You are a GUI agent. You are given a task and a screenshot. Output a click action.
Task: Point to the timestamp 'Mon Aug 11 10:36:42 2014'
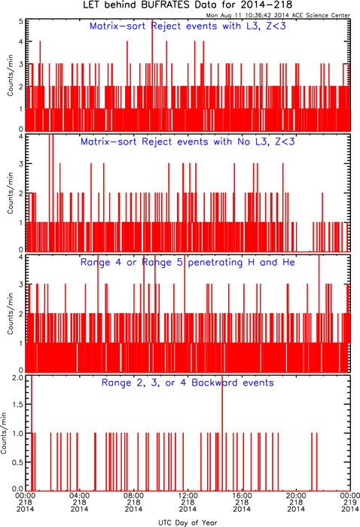point(247,16)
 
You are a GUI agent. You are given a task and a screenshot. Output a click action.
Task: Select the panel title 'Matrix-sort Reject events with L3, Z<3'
point(188,26)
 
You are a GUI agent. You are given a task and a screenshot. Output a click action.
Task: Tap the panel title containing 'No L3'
point(188,142)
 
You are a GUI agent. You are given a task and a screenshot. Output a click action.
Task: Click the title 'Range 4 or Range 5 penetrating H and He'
point(188,262)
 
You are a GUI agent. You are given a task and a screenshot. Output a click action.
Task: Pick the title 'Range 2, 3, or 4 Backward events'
point(188,382)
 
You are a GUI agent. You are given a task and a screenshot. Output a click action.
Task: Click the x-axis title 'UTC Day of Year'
point(188,522)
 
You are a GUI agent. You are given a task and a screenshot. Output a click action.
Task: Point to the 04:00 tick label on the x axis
point(79,495)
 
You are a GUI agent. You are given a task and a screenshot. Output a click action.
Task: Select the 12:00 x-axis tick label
point(188,495)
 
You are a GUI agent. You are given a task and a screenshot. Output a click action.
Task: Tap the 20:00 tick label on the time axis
point(296,495)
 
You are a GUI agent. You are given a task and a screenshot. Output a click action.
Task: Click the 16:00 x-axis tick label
point(242,495)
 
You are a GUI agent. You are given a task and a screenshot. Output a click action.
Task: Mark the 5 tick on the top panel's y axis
point(21,22)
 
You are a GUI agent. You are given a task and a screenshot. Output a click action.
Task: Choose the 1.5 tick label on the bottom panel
point(17,404)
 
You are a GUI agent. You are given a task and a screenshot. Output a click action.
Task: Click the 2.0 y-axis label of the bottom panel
point(17,377)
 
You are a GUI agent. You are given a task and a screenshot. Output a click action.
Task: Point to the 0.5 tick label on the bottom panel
point(17,462)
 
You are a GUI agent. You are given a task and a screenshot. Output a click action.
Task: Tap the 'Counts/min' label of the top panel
point(10,75)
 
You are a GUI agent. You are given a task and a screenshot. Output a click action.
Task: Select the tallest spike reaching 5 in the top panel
point(152,75)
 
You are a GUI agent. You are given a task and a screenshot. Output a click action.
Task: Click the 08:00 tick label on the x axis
point(133,495)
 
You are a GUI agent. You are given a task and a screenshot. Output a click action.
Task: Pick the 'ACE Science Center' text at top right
point(321,16)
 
